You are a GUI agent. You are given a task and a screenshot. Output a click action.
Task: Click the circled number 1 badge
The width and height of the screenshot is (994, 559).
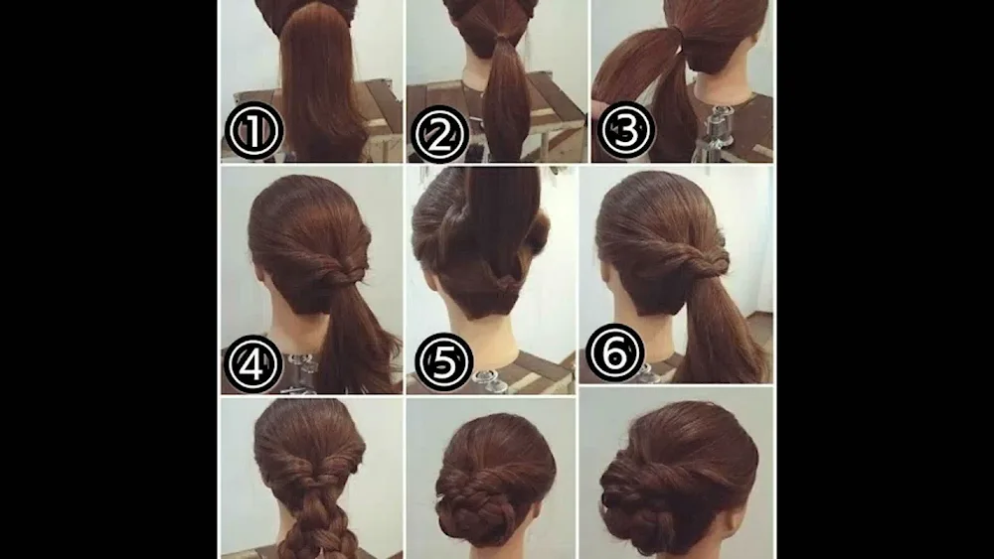tap(254, 131)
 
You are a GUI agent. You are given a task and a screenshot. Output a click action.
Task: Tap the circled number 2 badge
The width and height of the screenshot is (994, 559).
tap(440, 134)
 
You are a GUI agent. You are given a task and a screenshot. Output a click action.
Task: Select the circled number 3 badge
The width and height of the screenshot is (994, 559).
tap(625, 130)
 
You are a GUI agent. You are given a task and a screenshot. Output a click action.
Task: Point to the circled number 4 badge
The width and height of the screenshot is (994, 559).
tap(252, 364)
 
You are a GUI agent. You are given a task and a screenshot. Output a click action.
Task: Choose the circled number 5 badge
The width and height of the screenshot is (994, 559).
tap(443, 362)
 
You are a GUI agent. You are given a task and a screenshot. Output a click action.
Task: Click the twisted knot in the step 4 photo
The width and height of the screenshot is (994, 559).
tap(342, 273)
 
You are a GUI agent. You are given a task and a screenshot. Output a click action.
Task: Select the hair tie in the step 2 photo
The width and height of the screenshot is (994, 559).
tap(502, 40)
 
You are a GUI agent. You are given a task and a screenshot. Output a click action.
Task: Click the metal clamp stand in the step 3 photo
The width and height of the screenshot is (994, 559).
tap(712, 133)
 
